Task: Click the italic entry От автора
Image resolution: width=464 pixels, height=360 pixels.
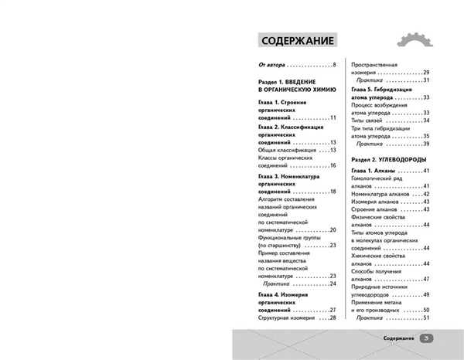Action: tap(272, 64)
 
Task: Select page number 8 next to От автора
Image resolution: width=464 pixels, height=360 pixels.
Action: tap(334, 64)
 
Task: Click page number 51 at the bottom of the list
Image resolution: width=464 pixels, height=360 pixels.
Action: tap(426, 318)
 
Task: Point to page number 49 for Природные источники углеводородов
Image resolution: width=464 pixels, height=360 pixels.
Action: tap(426, 294)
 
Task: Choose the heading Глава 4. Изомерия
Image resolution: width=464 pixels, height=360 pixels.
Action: tap(292, 295)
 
